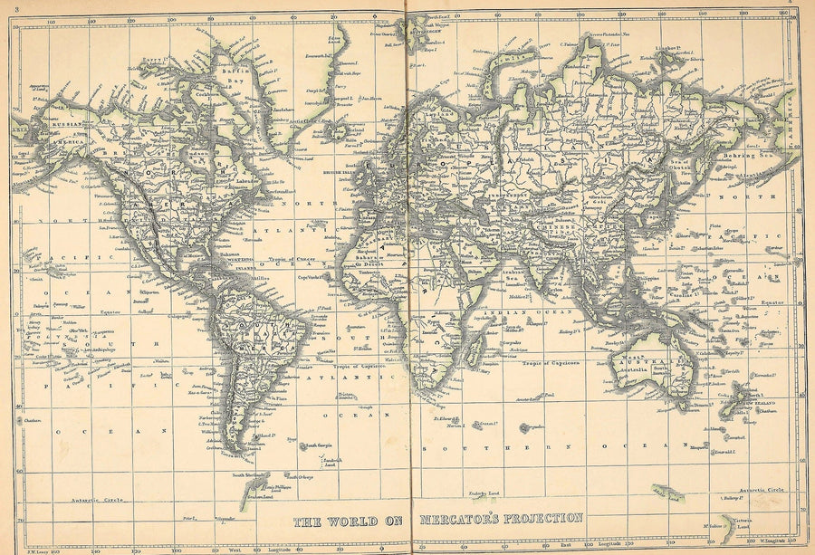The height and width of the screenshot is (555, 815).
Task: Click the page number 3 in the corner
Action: [5, 9]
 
